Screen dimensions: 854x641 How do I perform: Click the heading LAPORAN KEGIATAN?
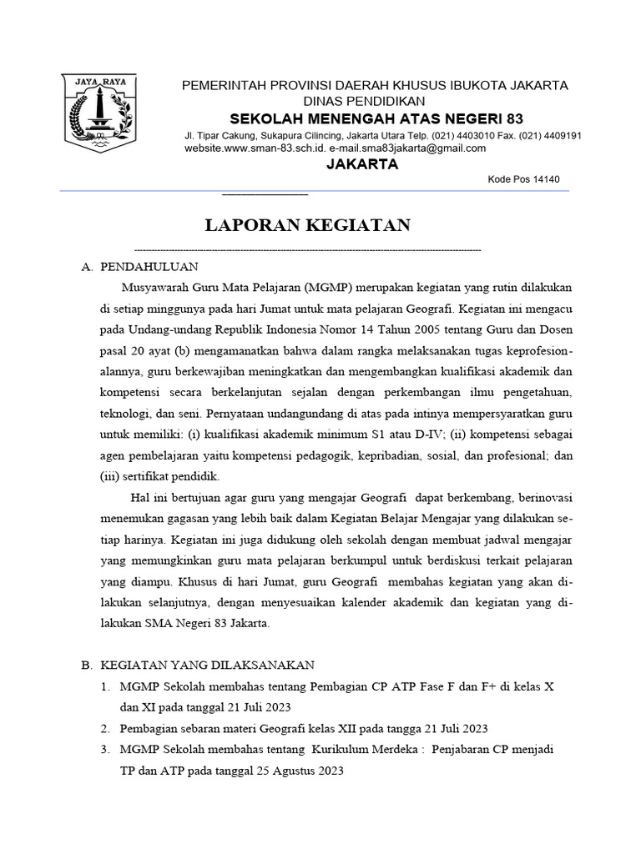coord(308,225)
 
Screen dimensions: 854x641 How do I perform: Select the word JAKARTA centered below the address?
coord(361,164)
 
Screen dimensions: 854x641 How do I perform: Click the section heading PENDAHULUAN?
coord(149,267)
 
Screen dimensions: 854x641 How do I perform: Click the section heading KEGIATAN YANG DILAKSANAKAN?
coord(206,665)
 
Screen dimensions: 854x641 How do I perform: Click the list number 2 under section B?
coord(105,728)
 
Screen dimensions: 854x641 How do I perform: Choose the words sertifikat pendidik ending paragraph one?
coord(177,476)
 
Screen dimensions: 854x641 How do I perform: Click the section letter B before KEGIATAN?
coord(85,665)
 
